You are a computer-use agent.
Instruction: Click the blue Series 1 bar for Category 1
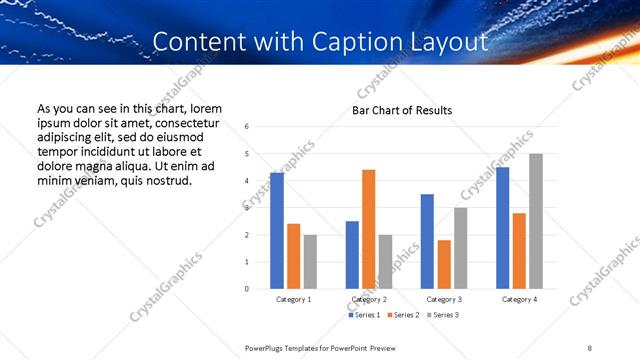pyautogui.click(x=277, y=231)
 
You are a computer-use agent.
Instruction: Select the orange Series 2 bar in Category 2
pyautogui.click(x=368, y=229)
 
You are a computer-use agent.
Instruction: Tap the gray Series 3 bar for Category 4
pyautogui.click(x=536, y=221)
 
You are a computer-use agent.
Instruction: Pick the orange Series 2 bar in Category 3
pyautogui.click(x=444, y=264)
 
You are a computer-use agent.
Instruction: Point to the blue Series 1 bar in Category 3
pyautogui.click(x=427, y=241)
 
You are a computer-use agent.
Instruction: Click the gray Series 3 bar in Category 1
pyautogui.click(x=310, y=262)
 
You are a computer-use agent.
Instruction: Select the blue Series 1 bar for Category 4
pyautogui.click(x=502, y=228)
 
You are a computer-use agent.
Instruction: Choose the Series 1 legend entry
pyautogui.click(x=364, y=316)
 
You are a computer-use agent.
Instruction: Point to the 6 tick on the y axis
pyautogui.click(x=247, y=127)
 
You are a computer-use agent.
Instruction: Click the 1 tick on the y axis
pyautogui.click(x=247, y=262)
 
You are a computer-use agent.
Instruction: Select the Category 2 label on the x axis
pyautogui.click(x=369, y=299)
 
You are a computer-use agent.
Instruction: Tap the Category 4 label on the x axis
pyautogui.click(x=519, y=299)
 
